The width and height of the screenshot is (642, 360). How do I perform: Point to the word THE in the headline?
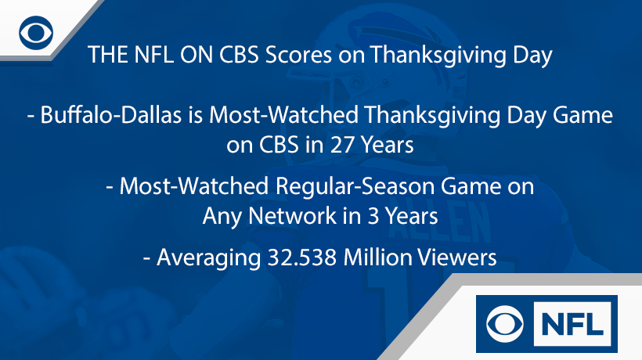(105, 56)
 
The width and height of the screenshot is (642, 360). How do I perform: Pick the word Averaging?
(203, 257)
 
